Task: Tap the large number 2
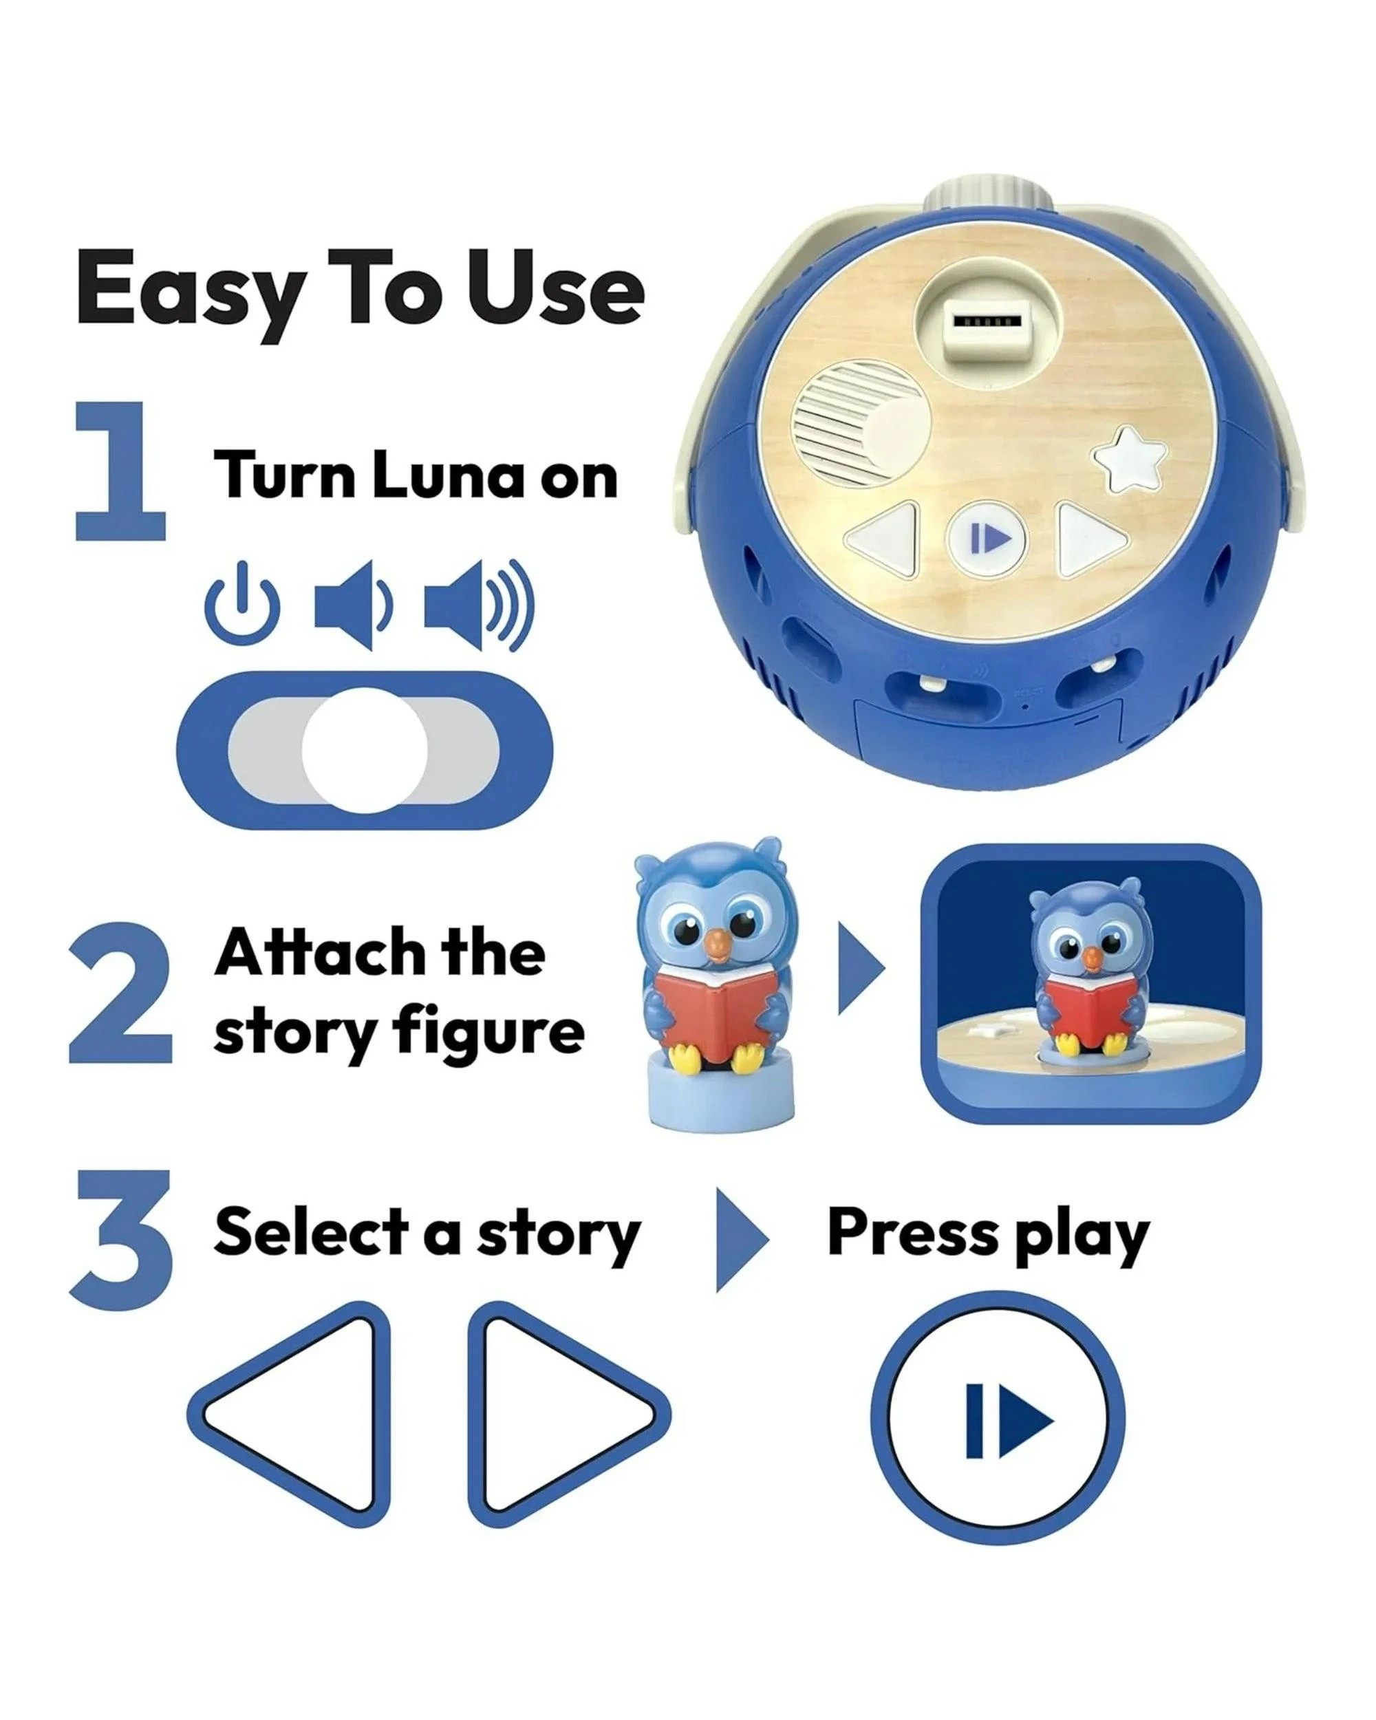click(x=121, y=993)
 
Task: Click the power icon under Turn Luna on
click(x=241, y=605)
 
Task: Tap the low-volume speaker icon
click(x=352, y=604)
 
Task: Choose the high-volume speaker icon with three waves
click(x=477, y=604)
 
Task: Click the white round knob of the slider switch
click(x=365, y=750)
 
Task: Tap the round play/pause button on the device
click(x=987, y=539)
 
